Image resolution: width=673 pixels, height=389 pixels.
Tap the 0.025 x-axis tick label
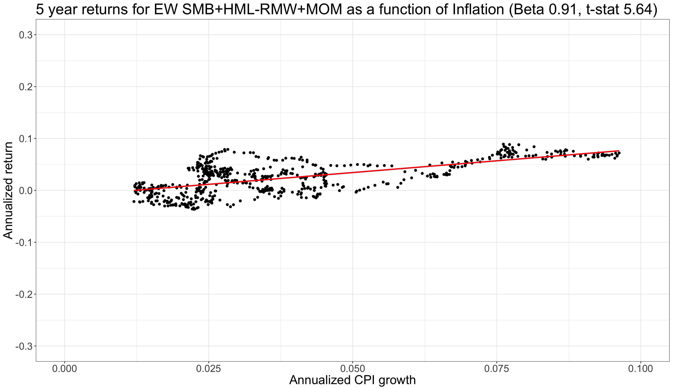[209, 369]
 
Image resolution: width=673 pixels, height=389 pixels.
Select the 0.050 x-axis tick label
[353, 369]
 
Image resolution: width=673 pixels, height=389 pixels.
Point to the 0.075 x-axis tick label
[497, 369]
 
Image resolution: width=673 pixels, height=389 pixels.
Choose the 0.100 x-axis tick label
[641, 369]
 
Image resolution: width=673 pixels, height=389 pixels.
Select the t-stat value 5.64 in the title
[638, 10]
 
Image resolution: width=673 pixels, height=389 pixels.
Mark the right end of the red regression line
[619, 151]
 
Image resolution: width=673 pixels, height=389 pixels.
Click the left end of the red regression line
[134, 190]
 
